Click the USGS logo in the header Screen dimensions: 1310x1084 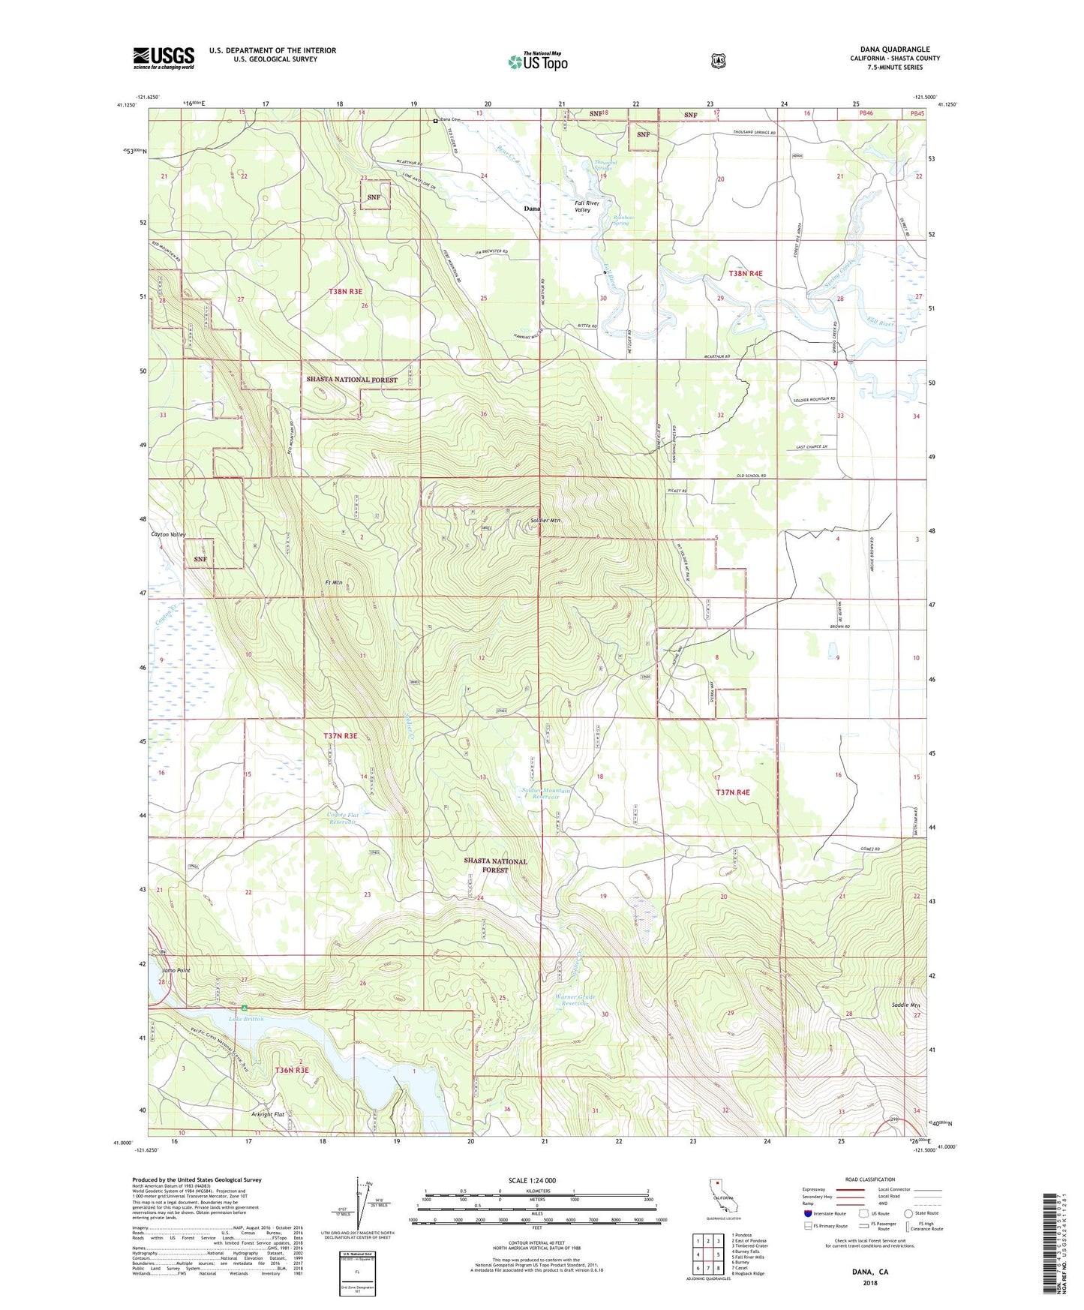[164, 58]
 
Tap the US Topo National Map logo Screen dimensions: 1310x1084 [537, 62]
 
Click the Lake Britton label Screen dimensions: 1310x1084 [246, 1019]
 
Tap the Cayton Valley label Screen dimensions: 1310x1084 [168, 534]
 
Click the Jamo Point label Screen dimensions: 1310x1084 [174, 970]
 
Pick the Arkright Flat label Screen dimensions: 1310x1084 [268, 1114]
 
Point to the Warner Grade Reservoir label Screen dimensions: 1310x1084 [575, 1000]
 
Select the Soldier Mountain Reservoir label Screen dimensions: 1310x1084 [546, 793]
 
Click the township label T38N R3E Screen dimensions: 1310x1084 [345, 291]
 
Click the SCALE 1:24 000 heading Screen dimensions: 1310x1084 [532, 1180]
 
